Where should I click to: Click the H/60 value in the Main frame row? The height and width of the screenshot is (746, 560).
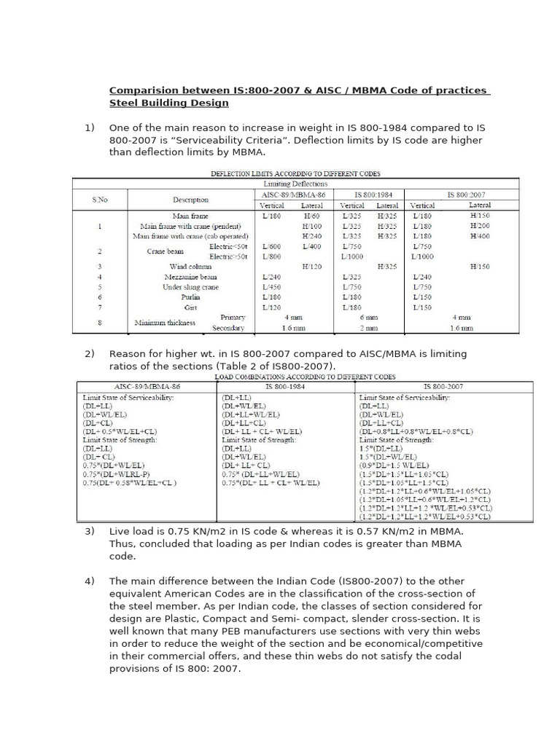[312, 216]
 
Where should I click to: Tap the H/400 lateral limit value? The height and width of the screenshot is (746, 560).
[481, 236]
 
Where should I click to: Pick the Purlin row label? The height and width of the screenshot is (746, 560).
[190, 297]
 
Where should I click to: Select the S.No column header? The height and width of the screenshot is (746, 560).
[98, 200]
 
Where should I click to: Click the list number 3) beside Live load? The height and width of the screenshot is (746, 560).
[90, 531]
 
